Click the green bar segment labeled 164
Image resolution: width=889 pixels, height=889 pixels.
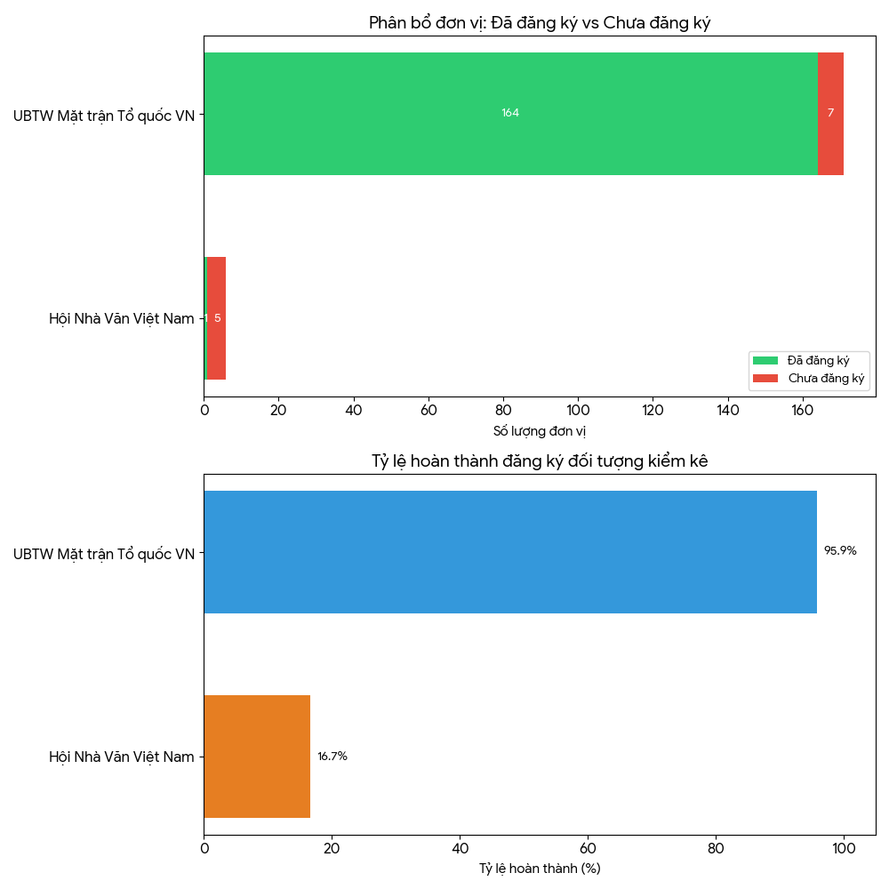[x=510, y=113]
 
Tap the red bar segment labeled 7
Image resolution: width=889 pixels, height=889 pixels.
[x=830, y=113]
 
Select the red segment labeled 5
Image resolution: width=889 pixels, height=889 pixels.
[x=217, y=318]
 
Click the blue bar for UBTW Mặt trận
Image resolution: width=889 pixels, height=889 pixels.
[x=510, y=552]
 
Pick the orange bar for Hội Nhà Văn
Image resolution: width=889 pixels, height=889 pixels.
[x=257, y=757]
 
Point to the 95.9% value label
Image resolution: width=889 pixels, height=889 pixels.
[x=840, y=551]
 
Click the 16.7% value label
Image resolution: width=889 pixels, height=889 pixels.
[x=332, y=757]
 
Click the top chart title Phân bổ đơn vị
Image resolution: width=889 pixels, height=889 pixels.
[x=540, y=23]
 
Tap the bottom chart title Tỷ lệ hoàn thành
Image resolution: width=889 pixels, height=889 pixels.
[x=540, y=461]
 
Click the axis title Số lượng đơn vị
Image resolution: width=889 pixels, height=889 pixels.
[x=540, y=431]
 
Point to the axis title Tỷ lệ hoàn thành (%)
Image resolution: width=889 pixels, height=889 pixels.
[x=540, y=869]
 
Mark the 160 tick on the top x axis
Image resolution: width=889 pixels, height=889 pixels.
[x=803, y=411]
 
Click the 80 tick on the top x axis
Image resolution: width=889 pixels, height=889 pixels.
[x=503, y=411]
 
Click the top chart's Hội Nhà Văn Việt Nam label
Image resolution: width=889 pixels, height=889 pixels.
[x=121, y=318]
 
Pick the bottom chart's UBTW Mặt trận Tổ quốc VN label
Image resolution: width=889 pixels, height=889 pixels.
[x=103, y=554]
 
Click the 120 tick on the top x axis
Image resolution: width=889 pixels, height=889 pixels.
[x=653, y=411]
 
